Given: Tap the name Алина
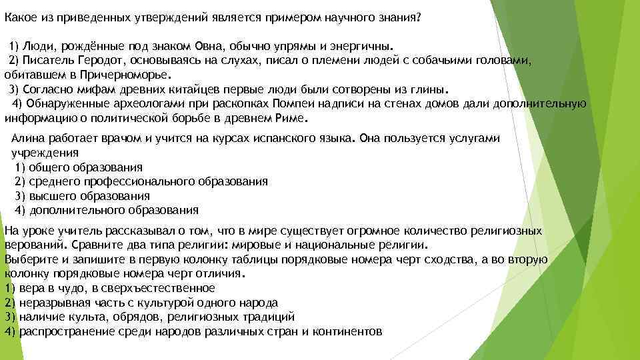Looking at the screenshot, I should [x=29, y=138].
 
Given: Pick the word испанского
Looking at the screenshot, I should [x=283, y=138].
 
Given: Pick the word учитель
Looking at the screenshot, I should [x=69, y=231].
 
